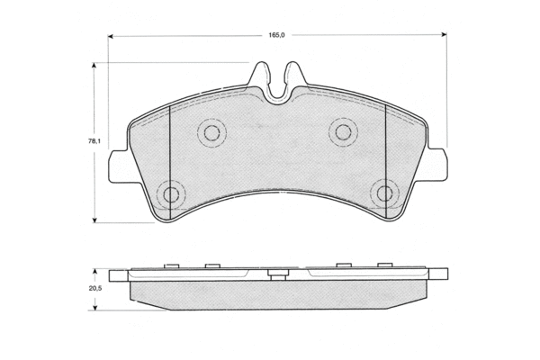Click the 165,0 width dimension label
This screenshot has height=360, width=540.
click(x=276, y=35)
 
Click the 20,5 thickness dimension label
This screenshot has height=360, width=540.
click(x=95, y=289)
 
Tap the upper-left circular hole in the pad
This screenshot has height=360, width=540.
click(x=211, y=133)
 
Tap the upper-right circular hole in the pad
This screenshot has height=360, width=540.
click(x=344, y=132)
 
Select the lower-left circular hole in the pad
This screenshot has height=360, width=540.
click(x=171, y=194)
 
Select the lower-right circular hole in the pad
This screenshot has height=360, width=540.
click(x=384, y=193)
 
